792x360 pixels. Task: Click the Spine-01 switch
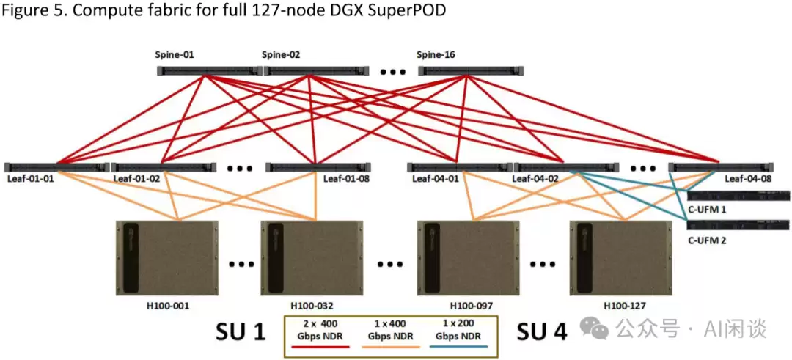click(210, 71)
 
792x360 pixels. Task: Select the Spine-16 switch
click(472, 71)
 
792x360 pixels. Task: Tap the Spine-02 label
click(281, 55)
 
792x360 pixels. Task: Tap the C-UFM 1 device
click(739, 196)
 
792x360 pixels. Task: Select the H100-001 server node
click(167, 259)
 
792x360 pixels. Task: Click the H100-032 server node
click(312, 259)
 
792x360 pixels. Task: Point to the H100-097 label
click(470, 306)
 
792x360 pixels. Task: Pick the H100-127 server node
click(621, 259)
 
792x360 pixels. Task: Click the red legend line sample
click(321, 347)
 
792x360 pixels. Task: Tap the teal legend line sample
click(459, 347)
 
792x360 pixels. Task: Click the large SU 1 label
click(241, 331)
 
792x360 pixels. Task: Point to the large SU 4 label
click(542, 331)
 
